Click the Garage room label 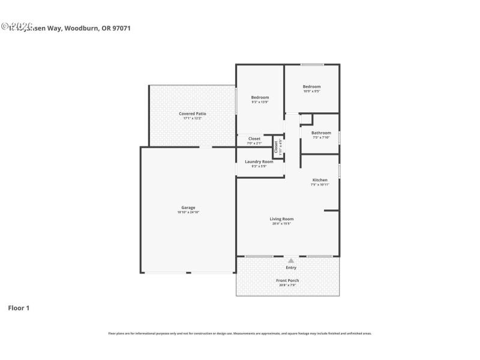188,208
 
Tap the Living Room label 281,219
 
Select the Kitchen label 320,180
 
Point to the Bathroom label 321,133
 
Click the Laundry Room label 259,161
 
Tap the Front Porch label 287,280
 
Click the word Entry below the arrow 291,268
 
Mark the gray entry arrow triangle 291,260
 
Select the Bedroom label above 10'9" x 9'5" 311,86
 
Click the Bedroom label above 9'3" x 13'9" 260,97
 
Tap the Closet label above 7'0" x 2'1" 254,139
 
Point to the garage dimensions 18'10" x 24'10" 188,212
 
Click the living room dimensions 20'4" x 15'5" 281,224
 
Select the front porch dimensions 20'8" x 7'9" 287,285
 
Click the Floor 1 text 19,308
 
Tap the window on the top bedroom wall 312,65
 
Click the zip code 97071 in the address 121,28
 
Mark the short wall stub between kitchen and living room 332,210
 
